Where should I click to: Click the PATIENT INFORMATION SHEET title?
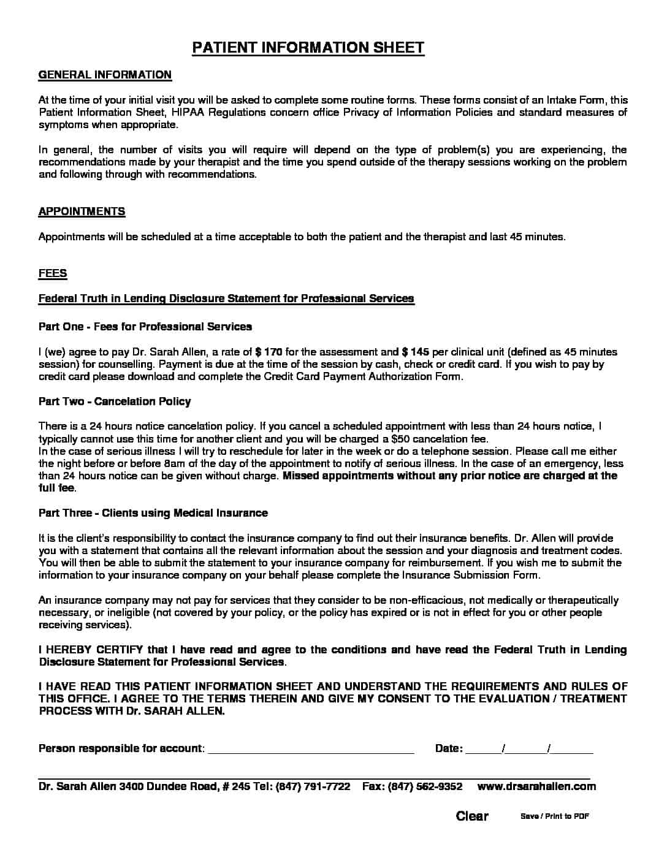[x=308, y=48]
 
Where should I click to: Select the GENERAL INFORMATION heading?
[x=105, y=75]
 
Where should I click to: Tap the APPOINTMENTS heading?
[x=82, y=211]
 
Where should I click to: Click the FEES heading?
[x=53, y=273]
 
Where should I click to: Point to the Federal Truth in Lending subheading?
[x=226, y=298]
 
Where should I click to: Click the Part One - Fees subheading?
[x=145, y=327]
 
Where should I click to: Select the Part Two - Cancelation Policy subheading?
[x=115, y=401]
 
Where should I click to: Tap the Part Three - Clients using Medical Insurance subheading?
[x=153, y=513]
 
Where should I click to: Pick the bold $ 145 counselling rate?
[x=416, y=352]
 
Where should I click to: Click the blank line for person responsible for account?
[x=311, y=749]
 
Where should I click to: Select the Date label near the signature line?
[x=449, y=748]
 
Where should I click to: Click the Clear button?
[x=472, y=816]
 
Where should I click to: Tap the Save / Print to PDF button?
[x=555, y=816]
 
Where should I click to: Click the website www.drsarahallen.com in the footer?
[x=536, y=786]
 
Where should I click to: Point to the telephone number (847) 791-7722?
[x=313, y=786]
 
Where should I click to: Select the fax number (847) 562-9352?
[x=425, y=786]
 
